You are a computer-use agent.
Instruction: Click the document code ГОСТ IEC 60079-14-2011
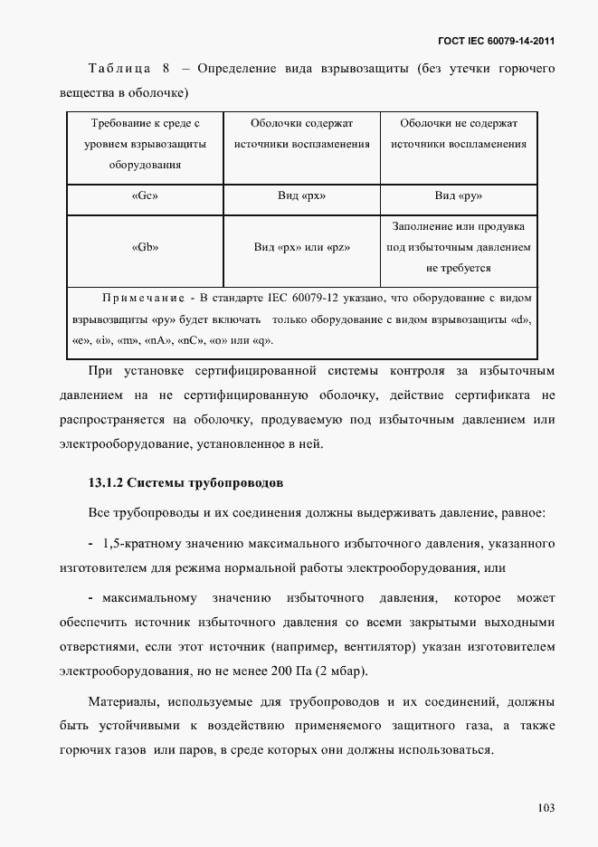[x=497, y=41]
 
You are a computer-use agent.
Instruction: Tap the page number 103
[x=545, y=808]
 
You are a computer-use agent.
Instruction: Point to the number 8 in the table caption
[x=166, y=69]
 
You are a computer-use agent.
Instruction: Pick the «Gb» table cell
[x=145, y=247]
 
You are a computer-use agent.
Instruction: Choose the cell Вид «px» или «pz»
[x=301, y=247]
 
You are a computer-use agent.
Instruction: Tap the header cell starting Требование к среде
[x=145, y=144]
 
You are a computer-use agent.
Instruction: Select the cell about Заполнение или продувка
[x=459, y=247]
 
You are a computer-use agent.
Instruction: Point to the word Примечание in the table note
[x=144, y=298]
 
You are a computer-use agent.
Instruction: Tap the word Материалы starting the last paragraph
[x=122, y=702]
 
